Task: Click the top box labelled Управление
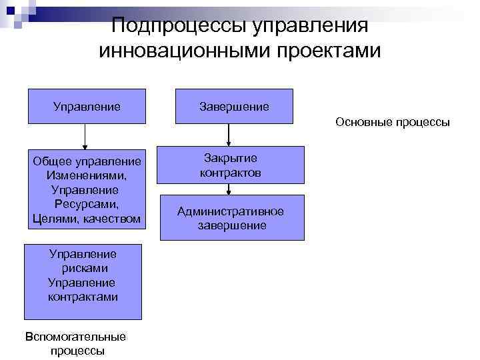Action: point(87,106)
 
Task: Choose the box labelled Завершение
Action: point(234,106)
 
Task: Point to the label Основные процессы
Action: point(393,122)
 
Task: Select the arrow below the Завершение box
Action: point(229,134)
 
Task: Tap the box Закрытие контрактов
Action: point(230,165)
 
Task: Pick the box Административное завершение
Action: point(230,218)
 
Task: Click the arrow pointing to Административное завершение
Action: point(229,189)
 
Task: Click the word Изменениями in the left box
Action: point(87,175)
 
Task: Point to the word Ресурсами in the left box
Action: point(86,204)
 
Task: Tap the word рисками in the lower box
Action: point(84,268)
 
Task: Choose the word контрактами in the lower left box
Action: point(83,297)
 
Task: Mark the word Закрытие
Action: point(231,158)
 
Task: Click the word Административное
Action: point(231,211)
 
